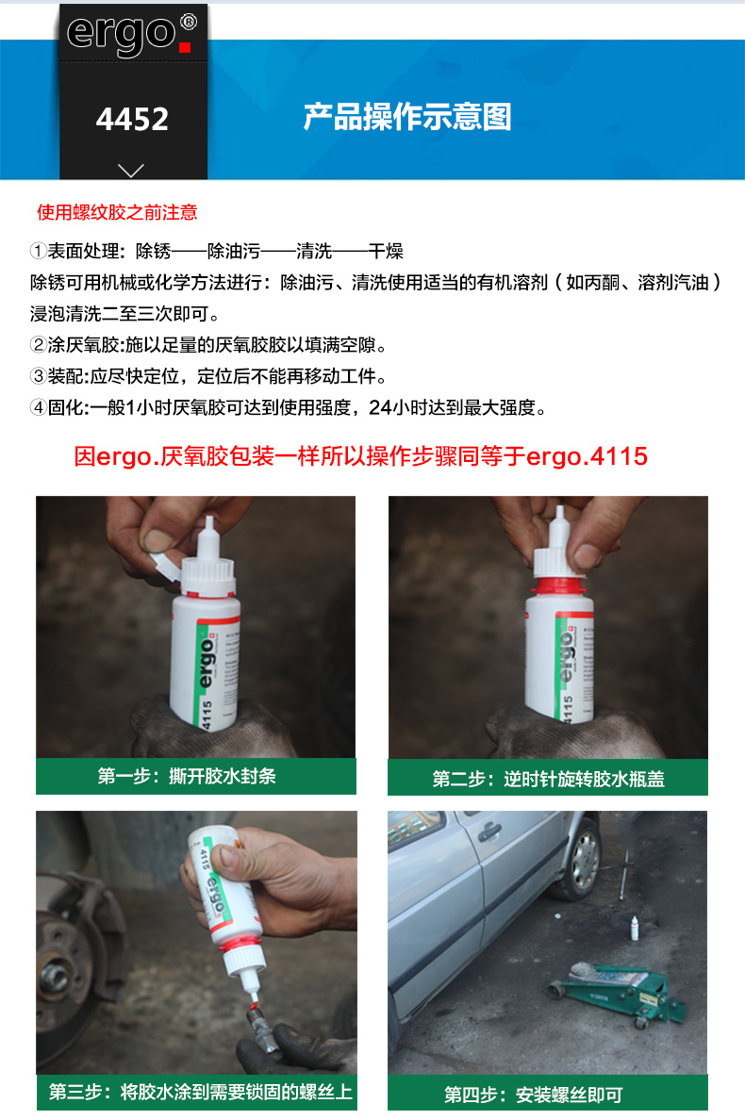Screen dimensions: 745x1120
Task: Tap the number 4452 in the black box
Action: tap(133, 120)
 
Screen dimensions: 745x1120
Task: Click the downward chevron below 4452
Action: tap(131, 170)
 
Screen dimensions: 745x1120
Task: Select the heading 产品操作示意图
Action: tap(407, 117)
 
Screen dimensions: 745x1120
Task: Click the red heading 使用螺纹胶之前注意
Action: tap(117, 212)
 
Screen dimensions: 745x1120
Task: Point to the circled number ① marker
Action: tap(38, 251)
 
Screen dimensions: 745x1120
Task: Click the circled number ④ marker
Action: tap(38, 408)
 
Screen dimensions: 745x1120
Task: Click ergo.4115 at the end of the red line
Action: tap(588, 456)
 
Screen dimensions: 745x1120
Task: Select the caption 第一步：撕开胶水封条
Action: tap(187, 777)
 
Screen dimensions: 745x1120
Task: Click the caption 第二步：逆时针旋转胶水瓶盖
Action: tap(549, 780)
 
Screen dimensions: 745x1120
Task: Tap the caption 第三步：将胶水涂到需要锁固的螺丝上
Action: tap(201, 1092)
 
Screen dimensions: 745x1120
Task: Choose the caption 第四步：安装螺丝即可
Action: tap(534, 1095)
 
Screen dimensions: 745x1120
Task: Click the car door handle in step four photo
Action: tap(489, 832)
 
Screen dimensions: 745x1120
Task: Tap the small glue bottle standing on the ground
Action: tap(635, 928)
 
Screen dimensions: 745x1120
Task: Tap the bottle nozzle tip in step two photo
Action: tap(559, 511)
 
